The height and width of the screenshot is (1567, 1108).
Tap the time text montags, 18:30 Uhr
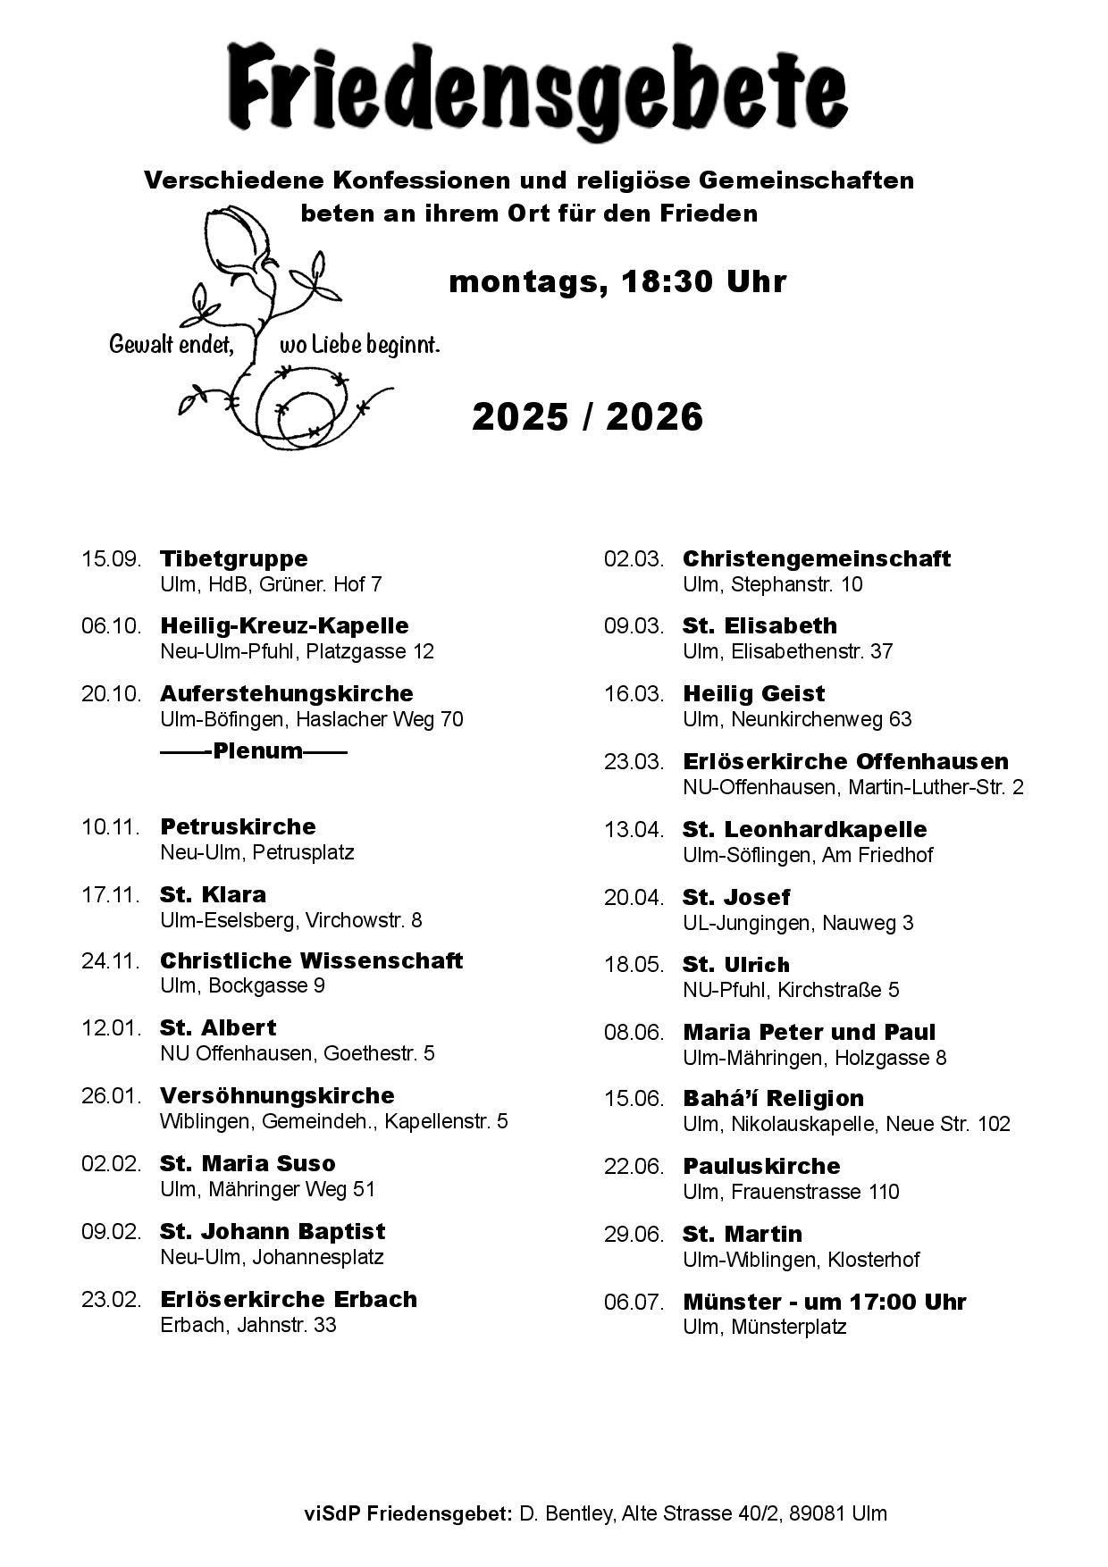(617, 281)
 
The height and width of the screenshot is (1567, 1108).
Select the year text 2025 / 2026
(587, 417)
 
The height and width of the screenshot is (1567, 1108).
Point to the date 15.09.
(112, 559)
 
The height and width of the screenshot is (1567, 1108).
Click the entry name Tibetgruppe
(233, 558)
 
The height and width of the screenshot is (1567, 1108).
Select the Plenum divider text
(254, 750)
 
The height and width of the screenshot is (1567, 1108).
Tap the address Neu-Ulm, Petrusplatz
(257, 852)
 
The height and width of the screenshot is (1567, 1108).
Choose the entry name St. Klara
(213, 894)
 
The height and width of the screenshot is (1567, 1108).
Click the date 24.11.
(112, 961)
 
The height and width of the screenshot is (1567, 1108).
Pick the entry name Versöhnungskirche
(277, 1095)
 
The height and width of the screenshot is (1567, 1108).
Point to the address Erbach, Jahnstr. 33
(248, 1324)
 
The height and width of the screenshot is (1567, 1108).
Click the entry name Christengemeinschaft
(816, 558)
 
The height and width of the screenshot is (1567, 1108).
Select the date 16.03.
(634, 694)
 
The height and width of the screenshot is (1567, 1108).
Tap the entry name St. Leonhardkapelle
(804, 829)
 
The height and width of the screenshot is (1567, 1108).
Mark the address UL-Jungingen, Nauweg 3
(798, 922)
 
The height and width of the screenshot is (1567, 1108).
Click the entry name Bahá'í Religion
(773, 1098)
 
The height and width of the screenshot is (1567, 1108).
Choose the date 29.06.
(634, 1235)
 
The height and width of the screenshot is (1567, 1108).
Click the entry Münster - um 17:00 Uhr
(824, 1302)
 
